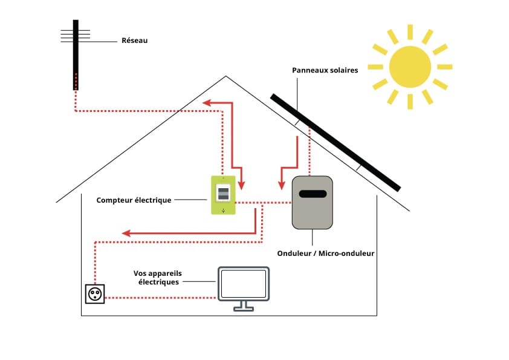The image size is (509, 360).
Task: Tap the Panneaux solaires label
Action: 325,70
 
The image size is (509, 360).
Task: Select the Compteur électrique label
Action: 134,200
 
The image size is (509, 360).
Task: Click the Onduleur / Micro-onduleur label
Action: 325,254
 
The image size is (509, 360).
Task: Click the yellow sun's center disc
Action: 410,67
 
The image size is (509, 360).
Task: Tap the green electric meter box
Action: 223,195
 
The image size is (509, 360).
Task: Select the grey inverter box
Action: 312,203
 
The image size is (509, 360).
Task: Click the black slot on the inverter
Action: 313,194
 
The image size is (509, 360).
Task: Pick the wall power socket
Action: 95,294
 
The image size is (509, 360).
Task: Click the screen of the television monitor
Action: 244,283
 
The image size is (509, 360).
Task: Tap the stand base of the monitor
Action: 244,309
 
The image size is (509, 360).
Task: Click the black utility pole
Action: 76,54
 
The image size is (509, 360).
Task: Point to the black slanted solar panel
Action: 336,142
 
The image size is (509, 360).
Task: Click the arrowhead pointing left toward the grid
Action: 206,103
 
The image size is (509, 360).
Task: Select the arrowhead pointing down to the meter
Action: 242,183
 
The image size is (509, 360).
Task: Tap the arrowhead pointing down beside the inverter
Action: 281,184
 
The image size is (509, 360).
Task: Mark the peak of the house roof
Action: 226,76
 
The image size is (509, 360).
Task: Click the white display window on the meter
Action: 223,194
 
